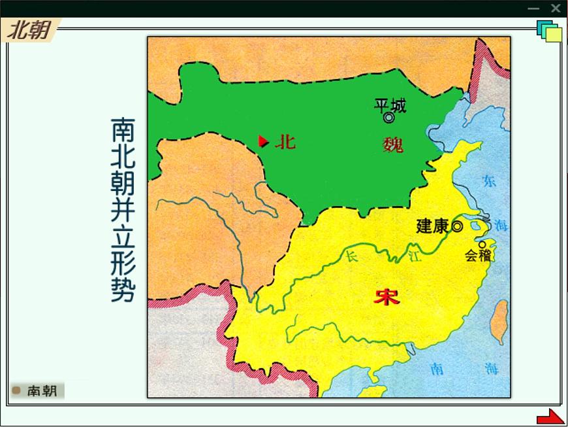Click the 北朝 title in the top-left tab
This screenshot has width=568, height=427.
pyautogui.click(x=29, y=30)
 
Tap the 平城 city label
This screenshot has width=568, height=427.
pyautogui.click(x=390, y=105)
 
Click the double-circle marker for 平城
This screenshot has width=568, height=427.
pyautogui.click(x=389, y=118)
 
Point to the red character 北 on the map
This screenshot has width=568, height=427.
pyautogui.click(x=285, y=141)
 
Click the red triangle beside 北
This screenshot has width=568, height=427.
pyautogui.click(x=263, y=141)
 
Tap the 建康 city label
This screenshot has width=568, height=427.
pyautogui.click(x=432, y=226)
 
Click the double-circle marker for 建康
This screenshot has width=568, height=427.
pyautogui.click(x=457, y=227)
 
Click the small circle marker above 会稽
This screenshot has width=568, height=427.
pyautogui.click(x=482, y=245)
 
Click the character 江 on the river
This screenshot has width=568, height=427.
pyautogui.click(x=415, y=256)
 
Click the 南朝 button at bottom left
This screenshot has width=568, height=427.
pyautogui.click(x=38, y=390)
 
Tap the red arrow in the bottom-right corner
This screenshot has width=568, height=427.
pyautogui.click(x=550, y=417)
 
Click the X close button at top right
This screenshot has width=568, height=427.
pyautogui.click(x=556, y=8)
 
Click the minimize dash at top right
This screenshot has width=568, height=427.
pyautogui.click(x=533, y=9)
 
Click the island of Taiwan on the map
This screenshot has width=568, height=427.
pyautogui.click(x=499, y=322)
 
